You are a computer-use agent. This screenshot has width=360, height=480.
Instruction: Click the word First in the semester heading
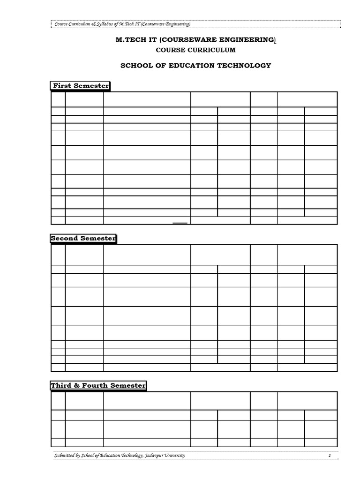point(61,86)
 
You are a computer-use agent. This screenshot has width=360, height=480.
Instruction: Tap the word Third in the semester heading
point(61,386)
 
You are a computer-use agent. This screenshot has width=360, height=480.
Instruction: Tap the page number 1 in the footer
point(330,456)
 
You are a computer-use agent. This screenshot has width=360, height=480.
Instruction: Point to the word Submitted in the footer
point(65,456)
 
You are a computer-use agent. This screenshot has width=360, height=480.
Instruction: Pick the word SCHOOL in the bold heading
point(135,66)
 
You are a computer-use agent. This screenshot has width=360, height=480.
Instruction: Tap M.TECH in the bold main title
point(129,41)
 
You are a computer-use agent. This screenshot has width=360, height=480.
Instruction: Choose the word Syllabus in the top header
point(102,24)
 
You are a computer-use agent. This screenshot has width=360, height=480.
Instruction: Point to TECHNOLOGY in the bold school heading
point(247,66)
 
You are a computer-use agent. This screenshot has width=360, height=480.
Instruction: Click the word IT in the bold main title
point(152,41)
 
